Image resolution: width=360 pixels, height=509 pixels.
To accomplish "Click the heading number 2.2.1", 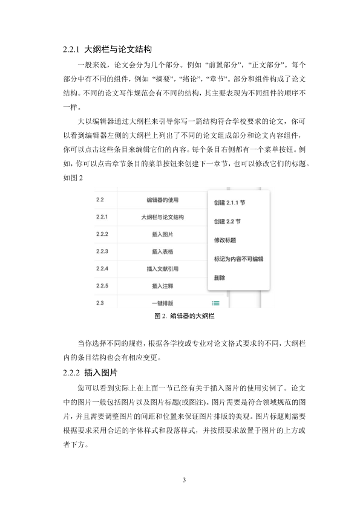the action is click(73, 48).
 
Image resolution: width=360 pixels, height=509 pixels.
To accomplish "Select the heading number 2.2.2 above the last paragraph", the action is click(73, 372).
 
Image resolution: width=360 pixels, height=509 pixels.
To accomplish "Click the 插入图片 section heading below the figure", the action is click(101, 372).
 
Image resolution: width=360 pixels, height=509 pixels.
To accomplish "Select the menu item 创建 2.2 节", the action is click(227, 221).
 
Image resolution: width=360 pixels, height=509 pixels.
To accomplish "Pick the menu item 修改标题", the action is click(224, 240).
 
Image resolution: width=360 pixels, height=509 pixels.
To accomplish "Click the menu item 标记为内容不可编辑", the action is click(238, 259).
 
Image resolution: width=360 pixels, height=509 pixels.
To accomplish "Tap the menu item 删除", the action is click(220, 278).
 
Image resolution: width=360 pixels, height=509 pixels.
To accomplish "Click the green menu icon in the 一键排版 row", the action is click(215, 303).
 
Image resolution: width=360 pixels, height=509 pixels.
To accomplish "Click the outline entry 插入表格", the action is click(162, 251).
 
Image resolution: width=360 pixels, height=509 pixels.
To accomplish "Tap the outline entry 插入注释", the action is click(162, 285).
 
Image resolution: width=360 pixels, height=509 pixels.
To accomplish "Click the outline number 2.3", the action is click(100, 303).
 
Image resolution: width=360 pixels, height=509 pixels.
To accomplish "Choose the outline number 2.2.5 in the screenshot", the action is click(102, 285).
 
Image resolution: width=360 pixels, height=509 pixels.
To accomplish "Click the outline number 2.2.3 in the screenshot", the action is click(102, 251).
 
